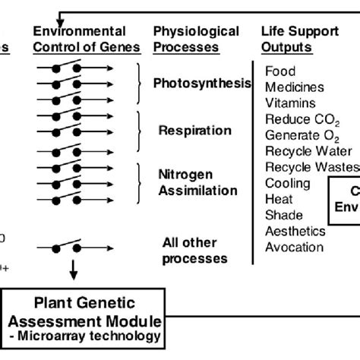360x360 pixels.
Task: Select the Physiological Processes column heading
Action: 196,39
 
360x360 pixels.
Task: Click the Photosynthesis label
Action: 202,84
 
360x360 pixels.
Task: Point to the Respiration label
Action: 194,130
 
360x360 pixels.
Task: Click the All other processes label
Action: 194,251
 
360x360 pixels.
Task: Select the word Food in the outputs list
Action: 280,71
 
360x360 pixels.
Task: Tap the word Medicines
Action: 293,87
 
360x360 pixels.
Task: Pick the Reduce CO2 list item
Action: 298,119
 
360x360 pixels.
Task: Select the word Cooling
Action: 287,183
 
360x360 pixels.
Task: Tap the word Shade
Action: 283,215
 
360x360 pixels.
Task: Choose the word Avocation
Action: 294,247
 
